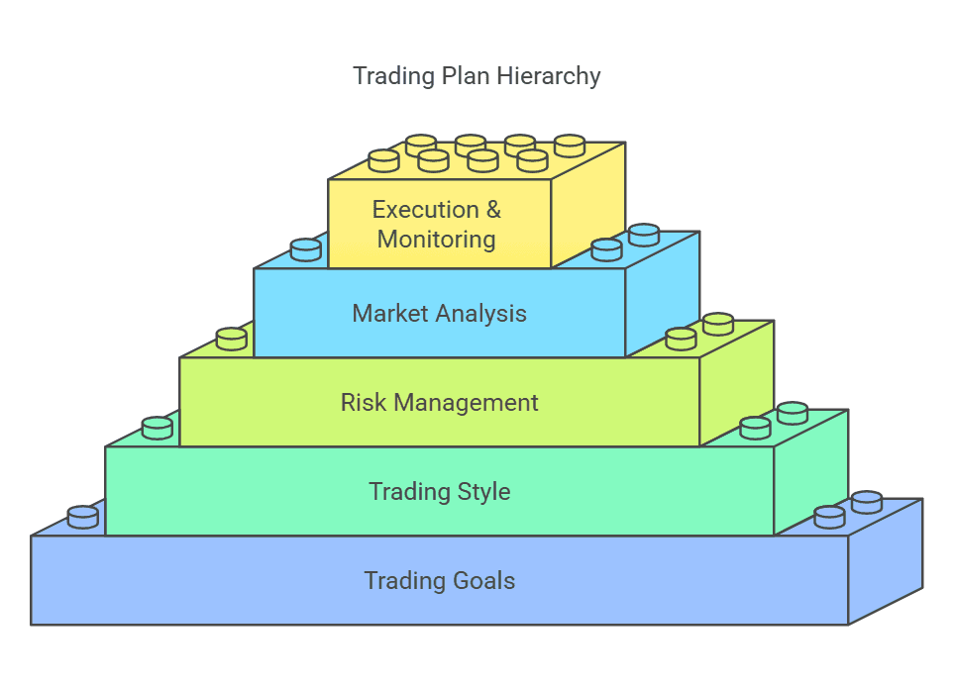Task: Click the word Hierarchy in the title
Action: [x=552, y=76]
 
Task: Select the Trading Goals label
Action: [x=439, y=580]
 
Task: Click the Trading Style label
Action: [x=439, y=491]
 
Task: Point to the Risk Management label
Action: [x=439, y=403]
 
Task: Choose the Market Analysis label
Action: [x=439, y=314]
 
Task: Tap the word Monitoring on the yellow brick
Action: [x=436, y=239]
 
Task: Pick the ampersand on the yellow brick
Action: [x=491, y=210]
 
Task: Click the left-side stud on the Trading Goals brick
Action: [x=83, y=517]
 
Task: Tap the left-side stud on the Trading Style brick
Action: [x=158, y=428]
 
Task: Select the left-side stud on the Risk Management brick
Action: [x=232, y=339]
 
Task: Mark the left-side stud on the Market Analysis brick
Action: [x=306, y=249]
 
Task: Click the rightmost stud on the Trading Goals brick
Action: [x=867, y=502]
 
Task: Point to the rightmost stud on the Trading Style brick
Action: [x=793, y=413]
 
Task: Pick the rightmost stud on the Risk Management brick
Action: [x=718, y=324]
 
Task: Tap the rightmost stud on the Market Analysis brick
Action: [x=644, y=235]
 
